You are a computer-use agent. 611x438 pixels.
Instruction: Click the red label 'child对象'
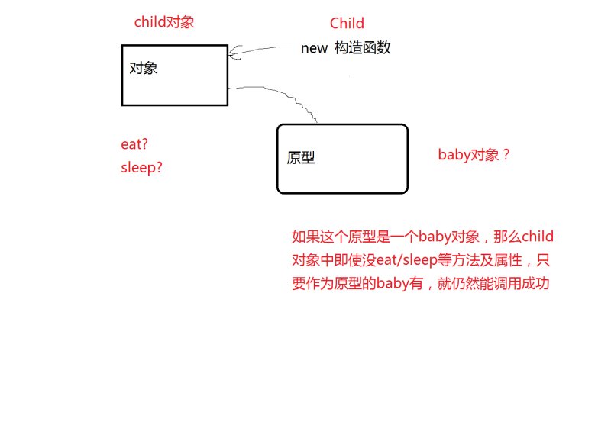[x=164, y=22]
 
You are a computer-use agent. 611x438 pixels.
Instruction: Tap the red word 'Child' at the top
[x=347, y=24]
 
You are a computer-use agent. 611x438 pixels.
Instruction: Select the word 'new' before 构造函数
[x=314, y=49]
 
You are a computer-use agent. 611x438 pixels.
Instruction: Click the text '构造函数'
[x=362, y=48]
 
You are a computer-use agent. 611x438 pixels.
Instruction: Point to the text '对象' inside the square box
[x=144, y=68]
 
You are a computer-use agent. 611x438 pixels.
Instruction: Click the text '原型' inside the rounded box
[x=301, y=158]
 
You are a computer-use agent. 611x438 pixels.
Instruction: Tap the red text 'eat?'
[x=134, y=144]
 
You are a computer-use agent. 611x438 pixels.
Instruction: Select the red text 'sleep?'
[x=141, y=168]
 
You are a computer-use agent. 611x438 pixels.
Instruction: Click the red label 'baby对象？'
[x=474, y=155]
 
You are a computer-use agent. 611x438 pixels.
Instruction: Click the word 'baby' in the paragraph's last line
[x=392, y=283]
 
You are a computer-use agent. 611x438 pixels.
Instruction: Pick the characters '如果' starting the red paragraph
[x=306, y=237]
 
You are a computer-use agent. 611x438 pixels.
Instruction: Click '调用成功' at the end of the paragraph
[x=522, y=283]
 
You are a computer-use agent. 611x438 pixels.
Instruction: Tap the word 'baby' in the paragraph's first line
[x=435, y=237]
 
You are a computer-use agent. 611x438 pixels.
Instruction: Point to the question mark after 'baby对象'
[x=506, y=155]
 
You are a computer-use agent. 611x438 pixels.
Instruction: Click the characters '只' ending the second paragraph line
[x=543, y=259]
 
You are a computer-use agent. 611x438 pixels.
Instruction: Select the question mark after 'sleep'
[x=159, y=167]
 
